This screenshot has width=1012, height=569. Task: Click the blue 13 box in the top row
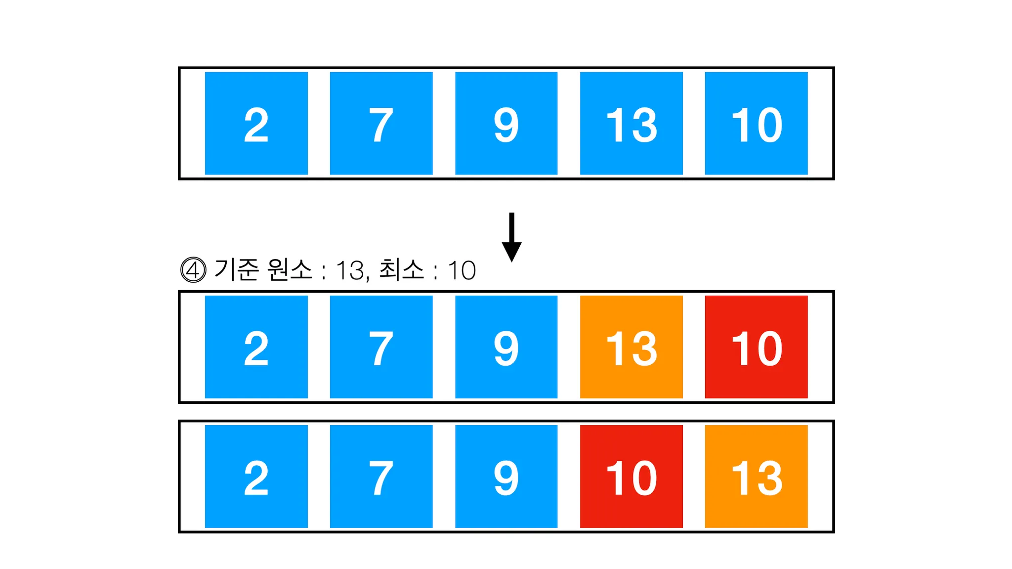point(631,124)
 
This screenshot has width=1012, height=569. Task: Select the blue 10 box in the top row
point(756,124)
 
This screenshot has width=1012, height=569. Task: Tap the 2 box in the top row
point(256,124)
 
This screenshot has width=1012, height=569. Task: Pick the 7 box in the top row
point(381,124)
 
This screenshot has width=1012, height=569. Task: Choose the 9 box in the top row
point(506,124)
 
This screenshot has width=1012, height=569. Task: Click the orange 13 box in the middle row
point(631,347)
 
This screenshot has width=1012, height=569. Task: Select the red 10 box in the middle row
point(756,347)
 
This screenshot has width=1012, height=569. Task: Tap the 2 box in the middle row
point(256,347)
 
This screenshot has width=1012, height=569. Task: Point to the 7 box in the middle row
point(381,347)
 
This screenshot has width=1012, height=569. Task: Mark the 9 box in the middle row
point(506,347)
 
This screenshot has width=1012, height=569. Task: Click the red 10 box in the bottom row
point(631,477)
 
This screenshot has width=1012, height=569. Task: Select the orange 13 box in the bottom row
point(756,477)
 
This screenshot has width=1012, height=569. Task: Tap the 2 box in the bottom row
point(256,477)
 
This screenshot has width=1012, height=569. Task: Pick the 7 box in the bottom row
point(381,477)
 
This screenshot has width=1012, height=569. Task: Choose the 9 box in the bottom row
point(506,477)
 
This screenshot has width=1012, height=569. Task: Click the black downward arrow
point(511,237)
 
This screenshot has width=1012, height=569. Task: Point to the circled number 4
point(193,270)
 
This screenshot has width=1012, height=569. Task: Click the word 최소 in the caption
point(401,270)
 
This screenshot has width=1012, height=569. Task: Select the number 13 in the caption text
point(350,270)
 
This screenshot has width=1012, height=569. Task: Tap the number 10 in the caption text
point(462,270)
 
